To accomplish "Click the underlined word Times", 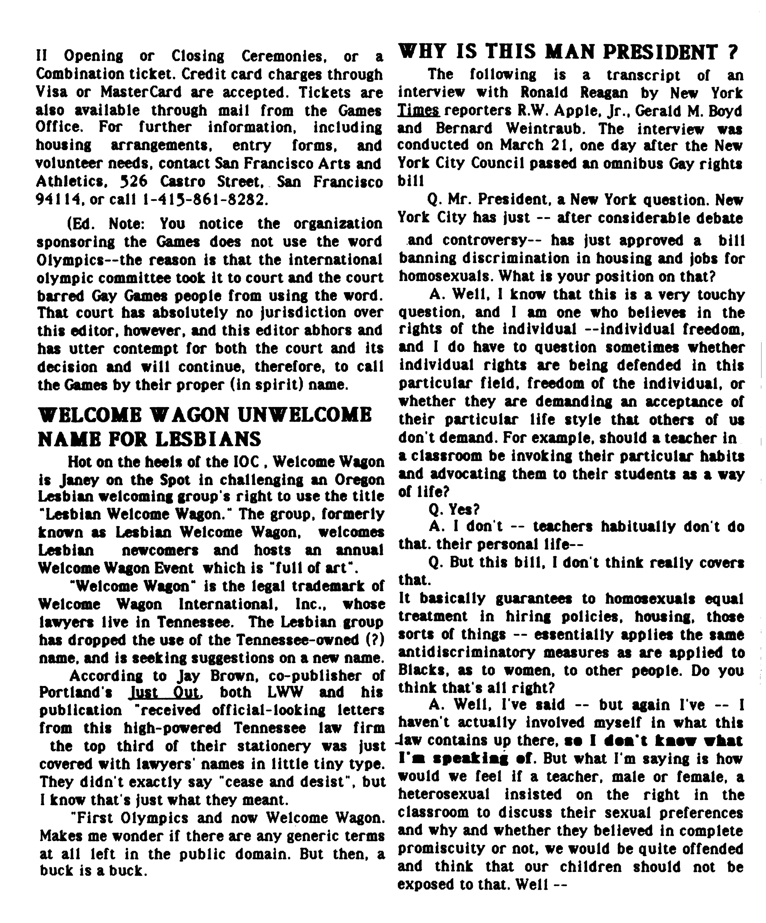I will click(x=418, y=111).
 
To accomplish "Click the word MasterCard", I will click(x=141, y=93).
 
